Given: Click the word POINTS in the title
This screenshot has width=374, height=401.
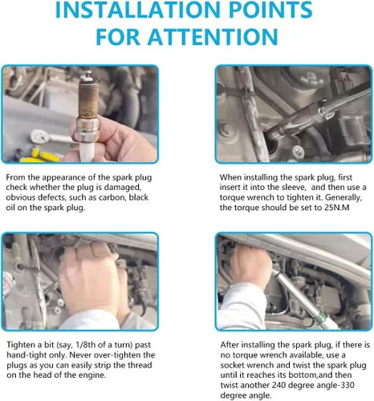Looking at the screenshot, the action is pos(270,10).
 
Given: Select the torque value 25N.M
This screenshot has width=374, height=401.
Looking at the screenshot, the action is pos(337,208).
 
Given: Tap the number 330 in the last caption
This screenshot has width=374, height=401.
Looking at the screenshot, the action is pos(347,385).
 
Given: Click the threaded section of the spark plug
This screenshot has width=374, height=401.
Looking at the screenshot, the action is pos(88,99).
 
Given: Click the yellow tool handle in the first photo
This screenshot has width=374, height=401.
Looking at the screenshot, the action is pos(43,156).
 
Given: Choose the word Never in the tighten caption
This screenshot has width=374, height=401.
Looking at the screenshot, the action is pos(80,355).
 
